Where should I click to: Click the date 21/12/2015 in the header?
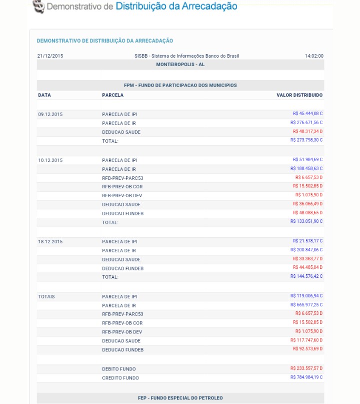tap(50, 56)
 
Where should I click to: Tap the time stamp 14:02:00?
tap(314, 56)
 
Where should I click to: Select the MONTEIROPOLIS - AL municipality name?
tap(180, 65)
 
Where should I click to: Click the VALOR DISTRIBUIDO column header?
tap(299, 95)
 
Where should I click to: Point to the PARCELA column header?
tap(113, 95)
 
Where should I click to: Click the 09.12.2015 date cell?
tap(50, 115)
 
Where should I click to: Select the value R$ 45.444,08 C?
tap(307, 114)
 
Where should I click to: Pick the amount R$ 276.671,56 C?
tap(306, 123)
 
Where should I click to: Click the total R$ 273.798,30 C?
tap(306, 140)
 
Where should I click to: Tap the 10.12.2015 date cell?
tap(50, 161)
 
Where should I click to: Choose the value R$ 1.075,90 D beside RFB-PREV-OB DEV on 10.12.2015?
tap(308, 195)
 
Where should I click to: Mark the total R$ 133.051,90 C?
tap(306, 221)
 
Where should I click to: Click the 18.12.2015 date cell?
tap(50, 242)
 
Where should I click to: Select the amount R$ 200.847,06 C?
tap(306, 250)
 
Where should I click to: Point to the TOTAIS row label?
tap(46, 297)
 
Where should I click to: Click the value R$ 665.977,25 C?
tap(306, 305)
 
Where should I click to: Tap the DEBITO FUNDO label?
tap(119, 369)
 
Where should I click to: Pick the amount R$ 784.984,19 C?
tap(306, 377)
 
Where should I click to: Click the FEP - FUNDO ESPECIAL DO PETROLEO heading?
tap(180, 398)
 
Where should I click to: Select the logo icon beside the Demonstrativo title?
tap(38, 7)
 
